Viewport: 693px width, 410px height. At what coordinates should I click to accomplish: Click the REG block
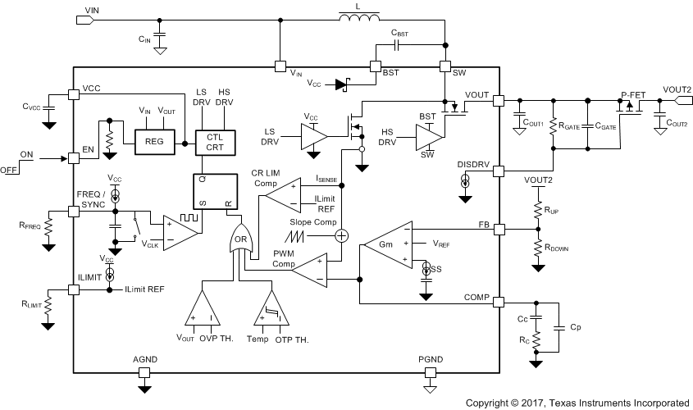click(155, 141)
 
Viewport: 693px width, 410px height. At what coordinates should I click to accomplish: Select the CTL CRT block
click(214, 141)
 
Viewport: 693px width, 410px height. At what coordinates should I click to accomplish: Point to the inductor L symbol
click(358, 17)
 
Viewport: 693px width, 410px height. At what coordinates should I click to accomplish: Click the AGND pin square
click(144, 371)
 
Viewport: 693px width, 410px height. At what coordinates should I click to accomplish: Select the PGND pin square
click(430, 371)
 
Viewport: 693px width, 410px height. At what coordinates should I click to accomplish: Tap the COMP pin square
click(498, 302)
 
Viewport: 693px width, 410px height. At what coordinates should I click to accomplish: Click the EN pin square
click(74, 157)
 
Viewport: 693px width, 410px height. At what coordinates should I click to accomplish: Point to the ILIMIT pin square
click(74, 289)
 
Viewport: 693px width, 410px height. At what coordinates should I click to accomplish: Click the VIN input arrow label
click(85, 16)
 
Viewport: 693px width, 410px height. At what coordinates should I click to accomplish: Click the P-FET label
click(633, 94)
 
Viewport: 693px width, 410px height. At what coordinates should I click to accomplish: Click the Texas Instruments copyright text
click(577, 403)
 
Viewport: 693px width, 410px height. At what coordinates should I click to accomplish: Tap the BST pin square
click(377, 67)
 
